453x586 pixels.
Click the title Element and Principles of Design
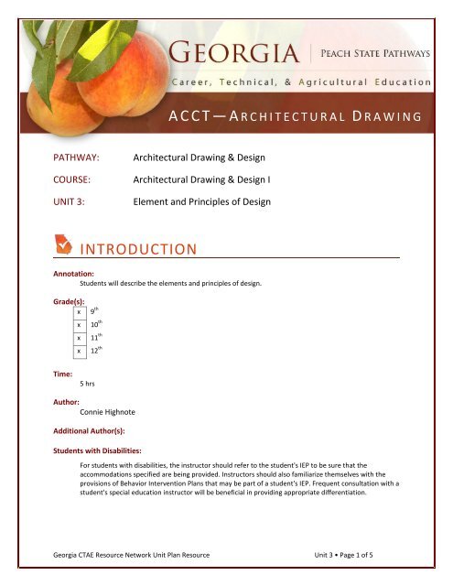[x=202, y=201]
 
